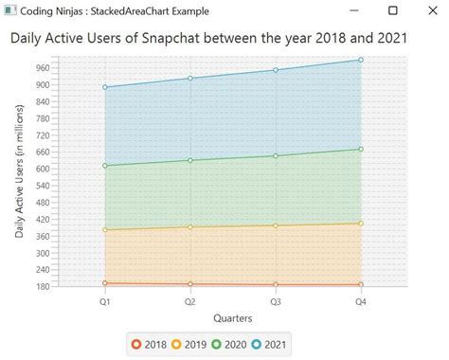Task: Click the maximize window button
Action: [393, 10]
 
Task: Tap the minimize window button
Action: [353, 10]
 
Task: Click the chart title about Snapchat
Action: [209, 39]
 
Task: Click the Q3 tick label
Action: [276, 301]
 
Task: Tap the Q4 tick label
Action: [361, 301]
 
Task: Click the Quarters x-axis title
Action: [232, 317]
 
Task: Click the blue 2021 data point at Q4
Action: [361, 60]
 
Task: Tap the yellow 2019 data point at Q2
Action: [190, 227]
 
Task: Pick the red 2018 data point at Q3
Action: [276, 284]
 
